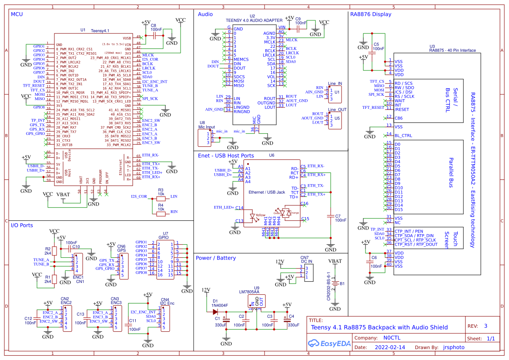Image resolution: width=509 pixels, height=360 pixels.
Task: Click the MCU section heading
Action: [17, 14]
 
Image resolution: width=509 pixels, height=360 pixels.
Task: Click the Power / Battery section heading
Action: [216, 258]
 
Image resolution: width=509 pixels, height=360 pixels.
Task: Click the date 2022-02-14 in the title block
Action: [389, 347]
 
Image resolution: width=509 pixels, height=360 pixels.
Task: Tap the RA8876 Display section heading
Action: [370, 14]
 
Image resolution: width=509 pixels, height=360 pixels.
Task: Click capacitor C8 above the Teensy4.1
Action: [154, 37]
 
